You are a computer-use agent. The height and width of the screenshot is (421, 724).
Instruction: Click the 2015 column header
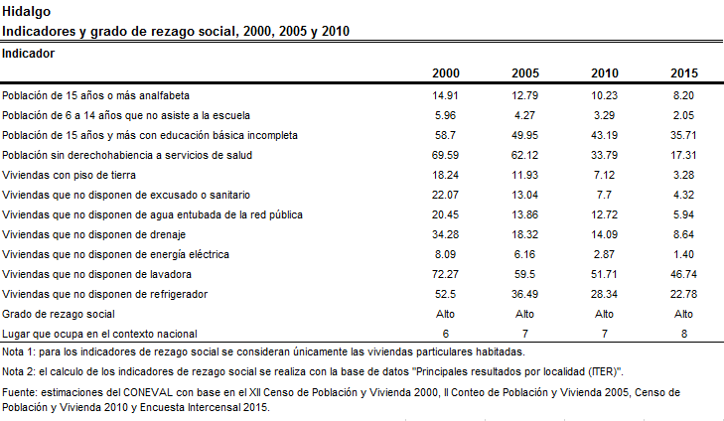[684, 73]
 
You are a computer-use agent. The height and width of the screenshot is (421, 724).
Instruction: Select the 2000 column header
[446, 73]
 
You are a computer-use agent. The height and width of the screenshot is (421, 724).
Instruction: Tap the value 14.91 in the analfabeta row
[445, 95]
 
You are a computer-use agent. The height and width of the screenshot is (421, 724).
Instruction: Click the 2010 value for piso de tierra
[604, 175]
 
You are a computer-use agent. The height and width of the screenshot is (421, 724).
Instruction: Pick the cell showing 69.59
[445, 155]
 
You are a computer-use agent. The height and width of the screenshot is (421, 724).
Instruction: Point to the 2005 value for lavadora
[524, 274]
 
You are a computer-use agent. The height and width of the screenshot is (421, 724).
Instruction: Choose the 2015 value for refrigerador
[683, 294]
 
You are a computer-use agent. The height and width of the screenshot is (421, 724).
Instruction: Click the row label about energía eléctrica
[115, 254]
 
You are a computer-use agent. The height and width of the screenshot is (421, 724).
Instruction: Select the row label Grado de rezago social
[59, 314]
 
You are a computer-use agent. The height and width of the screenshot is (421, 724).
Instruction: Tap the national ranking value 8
[684, 334]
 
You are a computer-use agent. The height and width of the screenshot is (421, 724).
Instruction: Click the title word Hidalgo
[27, 12]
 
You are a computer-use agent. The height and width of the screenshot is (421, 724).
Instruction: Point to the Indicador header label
[28, 54]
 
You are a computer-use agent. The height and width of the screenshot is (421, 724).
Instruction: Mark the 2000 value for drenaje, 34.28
[445, 234]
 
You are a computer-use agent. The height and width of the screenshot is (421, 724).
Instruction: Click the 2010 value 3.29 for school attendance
[604, 115]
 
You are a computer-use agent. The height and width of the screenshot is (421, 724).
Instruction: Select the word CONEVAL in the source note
[148, 392]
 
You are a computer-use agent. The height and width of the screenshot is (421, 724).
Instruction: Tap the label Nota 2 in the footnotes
[18, 371]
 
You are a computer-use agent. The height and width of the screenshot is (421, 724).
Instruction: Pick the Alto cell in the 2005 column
[524, 314]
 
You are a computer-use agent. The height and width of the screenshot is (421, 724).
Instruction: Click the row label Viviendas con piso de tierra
[69, 175]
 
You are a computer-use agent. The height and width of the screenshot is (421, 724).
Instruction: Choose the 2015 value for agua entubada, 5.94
[683, 214]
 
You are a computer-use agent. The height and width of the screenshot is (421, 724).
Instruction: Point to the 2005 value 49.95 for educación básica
[524, 135]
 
